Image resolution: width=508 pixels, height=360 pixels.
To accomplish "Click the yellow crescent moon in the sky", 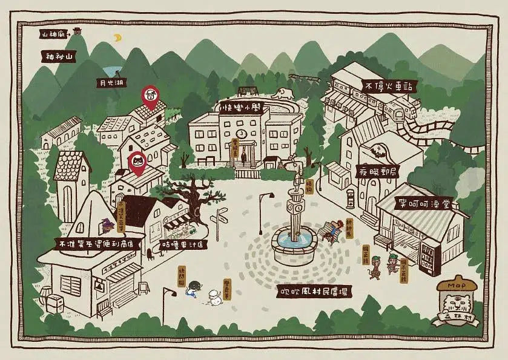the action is pyautogui.click(x=118, y=38).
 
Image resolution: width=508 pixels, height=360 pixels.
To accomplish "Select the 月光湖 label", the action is pyautogui.click(x=113, y=82).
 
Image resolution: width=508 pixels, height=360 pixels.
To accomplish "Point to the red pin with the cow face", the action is pyautogui.click(x=150, y=96).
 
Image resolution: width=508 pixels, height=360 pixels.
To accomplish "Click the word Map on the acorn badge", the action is pyautogui.click(x=454, y=285).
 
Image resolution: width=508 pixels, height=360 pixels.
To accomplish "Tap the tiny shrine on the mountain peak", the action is pyautogui.click(x=77, y=31).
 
